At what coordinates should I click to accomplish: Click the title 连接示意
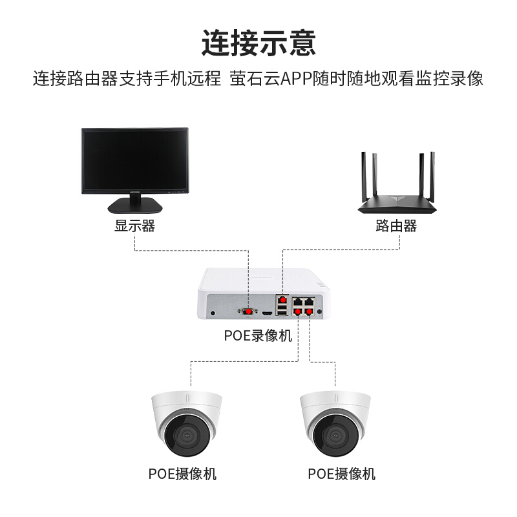click(x=258, y=42)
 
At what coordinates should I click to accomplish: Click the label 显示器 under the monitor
click(x=135, y=226)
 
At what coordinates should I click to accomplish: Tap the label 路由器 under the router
click(x=396, y=226)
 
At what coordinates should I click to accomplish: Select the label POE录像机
click(x=258, y=336)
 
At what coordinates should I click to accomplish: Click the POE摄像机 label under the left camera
click(x=183, y=474)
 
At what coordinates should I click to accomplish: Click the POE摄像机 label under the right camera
click(x=341, y=474)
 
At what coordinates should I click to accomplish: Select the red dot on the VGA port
click(x=248, y=311)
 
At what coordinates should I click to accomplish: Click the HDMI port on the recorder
click(x=266, y=313)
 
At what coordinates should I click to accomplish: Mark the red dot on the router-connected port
click(x=282, y=300)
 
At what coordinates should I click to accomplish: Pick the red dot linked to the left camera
click(x=299, y=311)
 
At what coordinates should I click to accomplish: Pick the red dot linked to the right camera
click(x=309, y=311)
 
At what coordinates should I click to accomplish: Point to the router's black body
click(x=396, y=205)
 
